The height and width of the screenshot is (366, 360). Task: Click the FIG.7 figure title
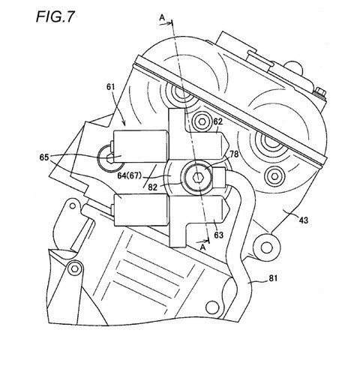click(x=55, y=17)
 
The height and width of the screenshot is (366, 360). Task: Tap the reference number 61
click(x=111, y=87)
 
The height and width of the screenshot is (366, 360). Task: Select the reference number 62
click(x=218, y=121)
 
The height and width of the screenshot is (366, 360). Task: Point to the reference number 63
click(x=218, y=235)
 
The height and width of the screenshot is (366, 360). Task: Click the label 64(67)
click(x=129, y=175)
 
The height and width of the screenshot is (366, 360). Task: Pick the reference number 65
click(x=44, y=157)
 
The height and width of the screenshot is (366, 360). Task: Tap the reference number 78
click(x=234, y=154)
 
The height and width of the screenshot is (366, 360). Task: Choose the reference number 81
click(x=273, y=278)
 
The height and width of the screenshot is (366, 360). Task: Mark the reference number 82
click(x=152, y=187)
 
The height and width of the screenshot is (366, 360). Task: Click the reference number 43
click(x=304, y=220)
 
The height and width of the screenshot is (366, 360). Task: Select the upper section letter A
click(x=162, y=17)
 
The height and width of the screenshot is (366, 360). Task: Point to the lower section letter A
click(x=203, y=247)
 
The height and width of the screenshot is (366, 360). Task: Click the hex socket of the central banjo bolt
click(x=198, y=177)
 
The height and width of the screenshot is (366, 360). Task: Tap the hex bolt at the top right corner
click(x=319, y=91)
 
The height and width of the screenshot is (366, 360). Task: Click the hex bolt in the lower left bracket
click(x=74, y=268)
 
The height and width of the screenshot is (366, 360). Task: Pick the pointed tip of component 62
click(x=228, y=146)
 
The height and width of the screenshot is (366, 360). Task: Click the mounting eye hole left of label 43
click(x=266, y=247)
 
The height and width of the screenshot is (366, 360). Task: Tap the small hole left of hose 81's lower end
click(x=212, y=307)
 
